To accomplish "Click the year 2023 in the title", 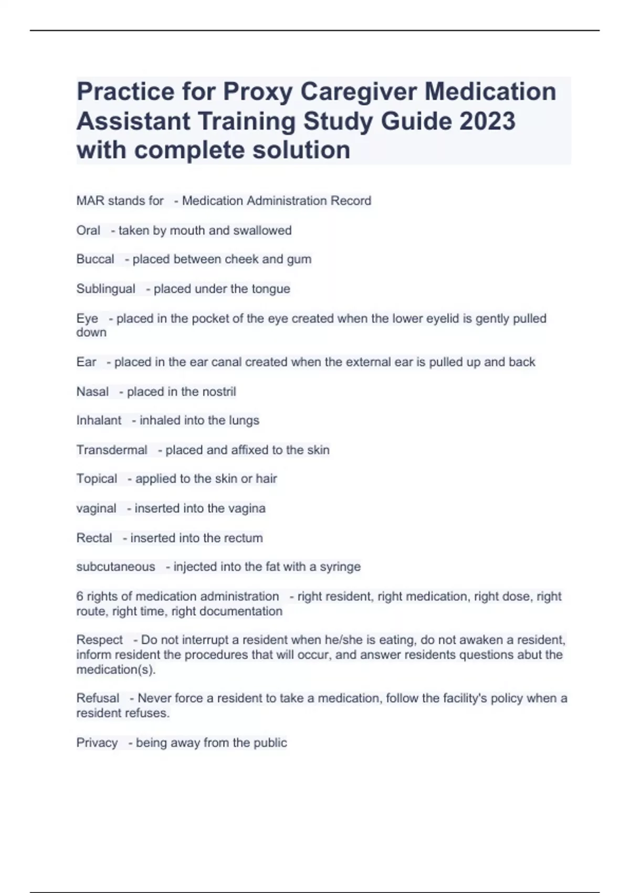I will pyautogui.click(x=487, y=121).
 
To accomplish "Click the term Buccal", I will pyautogui.click(x=95, y=259).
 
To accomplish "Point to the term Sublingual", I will pyautogui.click(x=106, y=289).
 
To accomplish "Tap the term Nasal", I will pyautogui.click(x=92, y=391).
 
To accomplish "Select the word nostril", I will pyautogui.click(x=217, y=391).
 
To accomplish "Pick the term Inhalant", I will pyautogui.click(x=99, y=420).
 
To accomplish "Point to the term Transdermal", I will pyautogui.click(x=112, y=450).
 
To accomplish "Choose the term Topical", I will pyautogui.click(x=97, y=479).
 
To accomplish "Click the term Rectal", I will pyautogui.click(x=94, y=538).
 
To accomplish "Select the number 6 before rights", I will pyautogui.click(x=80, y=596).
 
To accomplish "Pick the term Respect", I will pyautogui.click(x=99, y=640).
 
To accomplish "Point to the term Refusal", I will pyautogui.click(x=98, y=698).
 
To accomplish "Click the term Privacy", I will pyautogui.click(x=97, y=743).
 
